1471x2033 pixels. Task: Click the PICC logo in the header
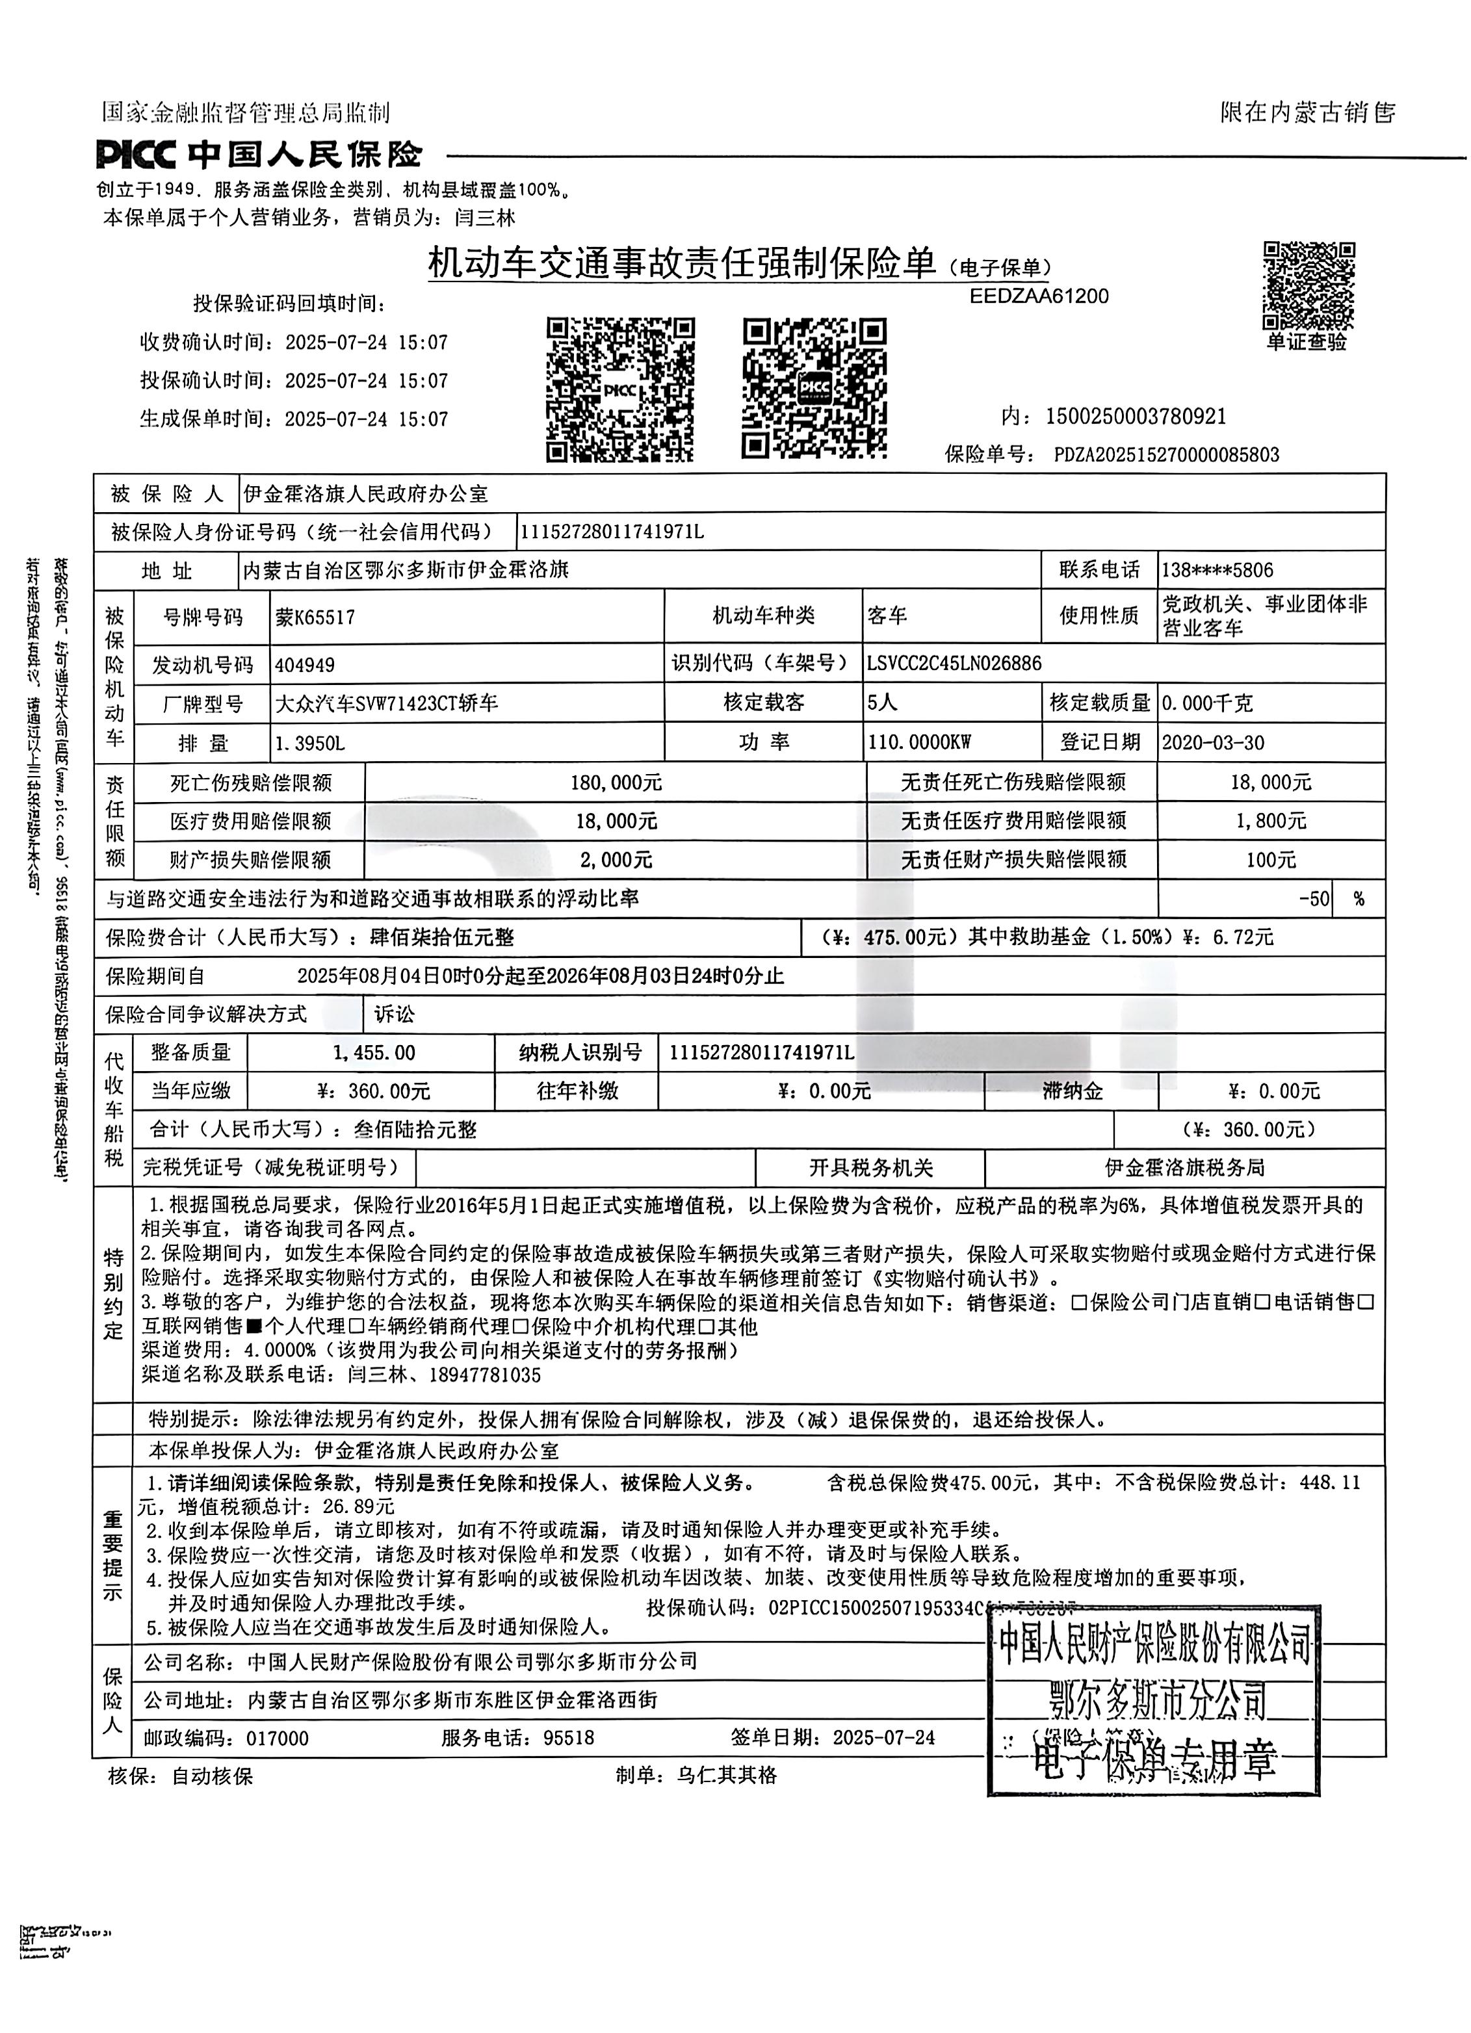pyautogui.click(x=135, y=156)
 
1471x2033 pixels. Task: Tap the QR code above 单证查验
pyautogui.click(x=1308, y=286)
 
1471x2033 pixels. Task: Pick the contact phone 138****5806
pyautogui.click(x=1216, y=570)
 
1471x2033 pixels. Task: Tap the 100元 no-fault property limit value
pyautogui.click(x=1270, y=860)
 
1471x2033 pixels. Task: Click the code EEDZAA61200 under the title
pyautogui.click(x=1039, y=297)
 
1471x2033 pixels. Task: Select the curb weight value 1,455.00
pyautogui.click(x=374, y=1052)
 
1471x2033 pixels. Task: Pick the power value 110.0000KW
pyautogui.click(x=920, y=742)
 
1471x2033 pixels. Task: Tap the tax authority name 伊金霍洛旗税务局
pyautogui.click(x=1184, y=1168)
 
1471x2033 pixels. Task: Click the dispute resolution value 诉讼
pyautogui.click(x=395, y=1014)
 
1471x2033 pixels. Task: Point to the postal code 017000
pyautogui.click(x=277, y=1738)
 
